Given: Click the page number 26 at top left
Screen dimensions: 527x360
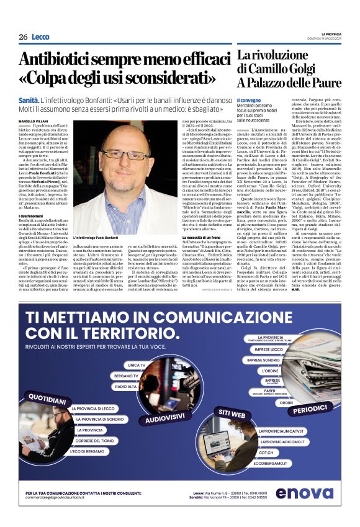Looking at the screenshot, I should [x=23, y=37].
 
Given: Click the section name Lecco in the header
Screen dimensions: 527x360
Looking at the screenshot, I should [x=40, y=37].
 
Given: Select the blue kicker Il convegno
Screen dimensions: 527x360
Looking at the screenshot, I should [x=248, y=101].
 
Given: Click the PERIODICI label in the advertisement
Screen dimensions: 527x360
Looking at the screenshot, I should [x=311, y=410].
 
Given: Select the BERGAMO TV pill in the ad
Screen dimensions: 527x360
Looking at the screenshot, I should [x=127, y=376].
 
